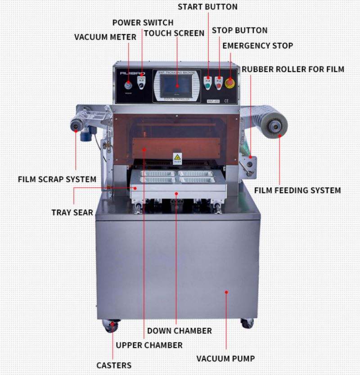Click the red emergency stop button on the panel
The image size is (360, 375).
(230, 82)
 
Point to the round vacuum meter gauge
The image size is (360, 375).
(129, 86)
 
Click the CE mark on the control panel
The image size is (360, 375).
(226, 101)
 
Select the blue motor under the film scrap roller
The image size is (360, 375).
(85, 135)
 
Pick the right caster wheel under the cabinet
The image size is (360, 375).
(247, 323)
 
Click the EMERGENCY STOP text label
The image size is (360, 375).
(257, 45)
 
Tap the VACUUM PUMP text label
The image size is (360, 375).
(225, 359)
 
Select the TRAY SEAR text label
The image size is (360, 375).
(72, 212)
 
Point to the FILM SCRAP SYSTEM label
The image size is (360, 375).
(57, 179)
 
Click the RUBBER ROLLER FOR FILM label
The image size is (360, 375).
(293, 69)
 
